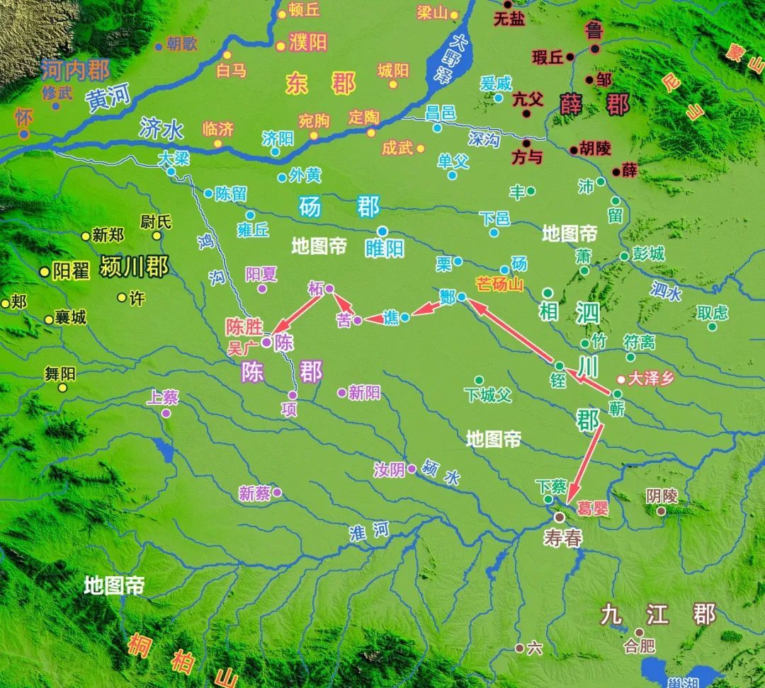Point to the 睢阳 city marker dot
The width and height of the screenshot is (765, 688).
382,231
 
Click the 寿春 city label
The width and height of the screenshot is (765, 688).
563,538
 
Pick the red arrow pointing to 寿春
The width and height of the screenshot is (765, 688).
586,461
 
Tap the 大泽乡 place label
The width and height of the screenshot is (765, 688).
650,379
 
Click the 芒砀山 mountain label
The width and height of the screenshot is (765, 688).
499,285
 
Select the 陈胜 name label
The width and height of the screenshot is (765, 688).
244,326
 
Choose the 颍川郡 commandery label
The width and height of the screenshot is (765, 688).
135,267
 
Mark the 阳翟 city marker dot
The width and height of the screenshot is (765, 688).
45,271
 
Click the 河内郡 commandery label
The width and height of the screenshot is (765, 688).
75,70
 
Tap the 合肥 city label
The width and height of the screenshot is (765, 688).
640,646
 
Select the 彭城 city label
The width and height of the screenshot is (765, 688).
648,253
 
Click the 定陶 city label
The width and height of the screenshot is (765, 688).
365,117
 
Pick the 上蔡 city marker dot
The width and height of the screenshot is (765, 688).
166,413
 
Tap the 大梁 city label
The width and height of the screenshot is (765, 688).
174,159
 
